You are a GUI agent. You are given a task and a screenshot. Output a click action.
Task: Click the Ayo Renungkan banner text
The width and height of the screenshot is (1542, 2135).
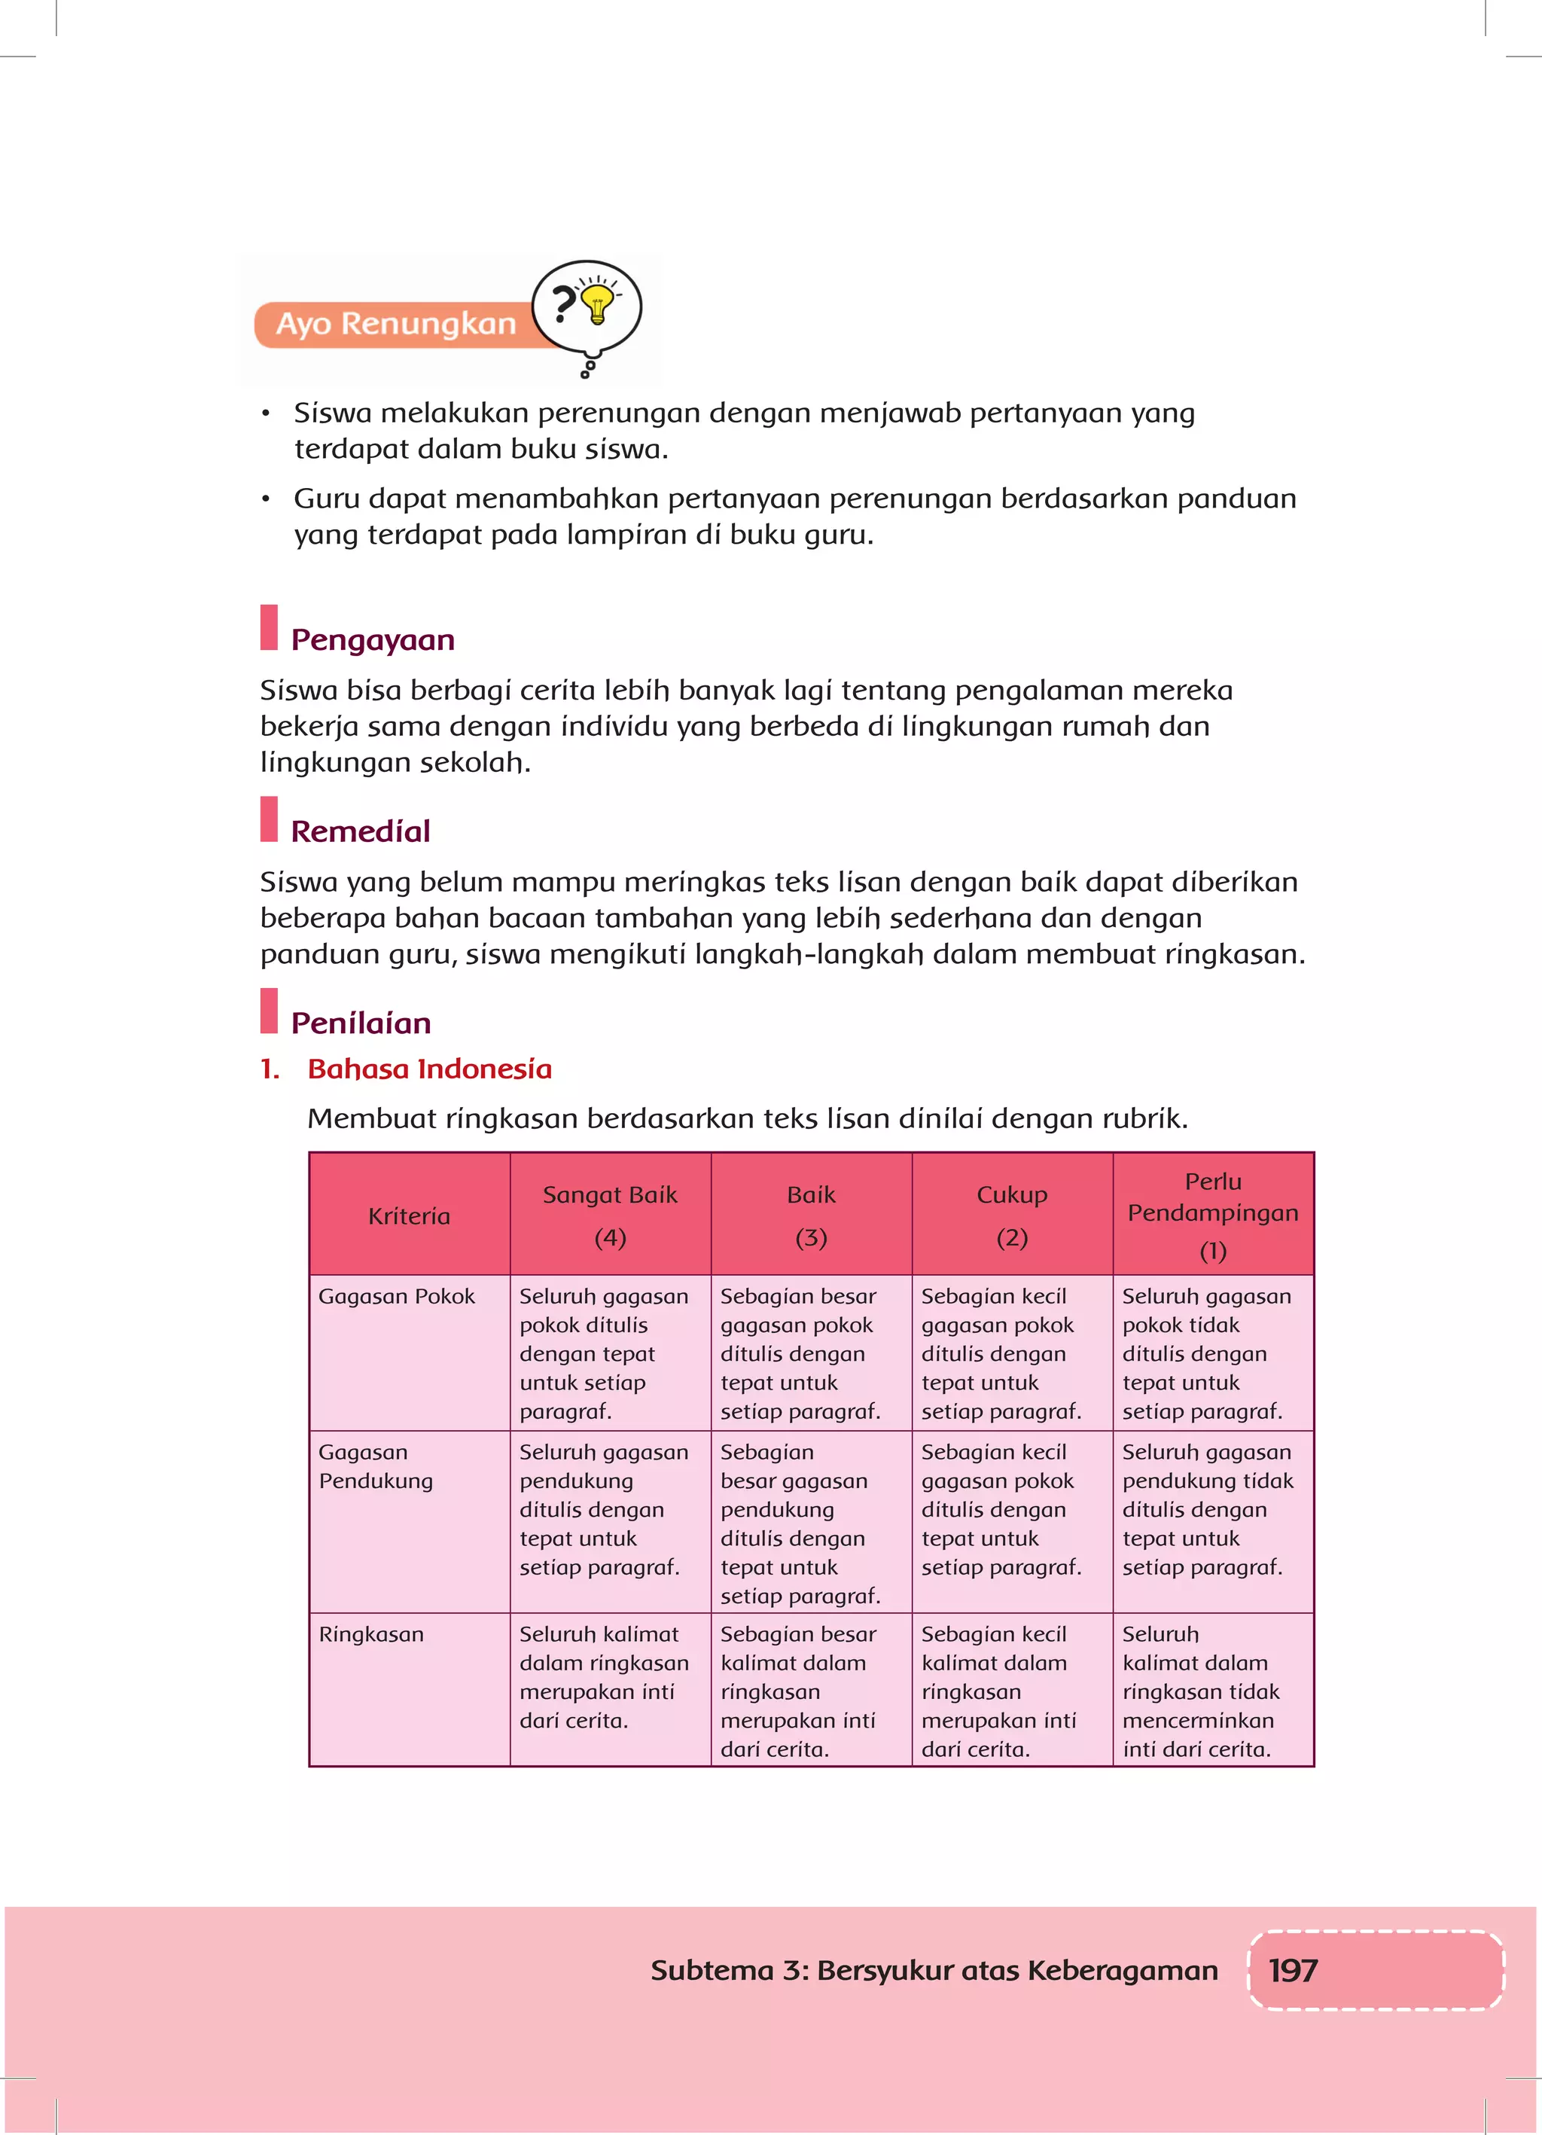396,324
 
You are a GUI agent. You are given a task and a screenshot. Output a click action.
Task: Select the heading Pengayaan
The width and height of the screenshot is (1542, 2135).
373,640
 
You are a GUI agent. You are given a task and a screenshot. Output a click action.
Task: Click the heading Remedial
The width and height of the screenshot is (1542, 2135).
361,831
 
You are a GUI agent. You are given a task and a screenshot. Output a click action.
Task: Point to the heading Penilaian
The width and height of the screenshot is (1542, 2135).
361,1023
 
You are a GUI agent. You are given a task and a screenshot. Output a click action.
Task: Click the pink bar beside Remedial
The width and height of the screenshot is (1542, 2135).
270,820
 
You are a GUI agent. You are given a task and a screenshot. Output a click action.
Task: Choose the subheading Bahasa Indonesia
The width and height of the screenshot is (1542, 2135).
429,1069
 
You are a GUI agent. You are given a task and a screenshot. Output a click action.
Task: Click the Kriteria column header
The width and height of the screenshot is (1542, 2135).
410,1216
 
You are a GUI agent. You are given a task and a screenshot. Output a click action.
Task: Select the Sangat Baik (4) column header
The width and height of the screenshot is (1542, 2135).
610,1215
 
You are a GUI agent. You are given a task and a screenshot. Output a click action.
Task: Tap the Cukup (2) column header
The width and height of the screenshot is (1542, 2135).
1012,1215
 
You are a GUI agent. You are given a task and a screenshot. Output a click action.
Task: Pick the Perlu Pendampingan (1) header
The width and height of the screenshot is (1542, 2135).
1212,1215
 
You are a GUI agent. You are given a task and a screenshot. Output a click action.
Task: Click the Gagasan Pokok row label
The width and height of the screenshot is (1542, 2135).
396,1296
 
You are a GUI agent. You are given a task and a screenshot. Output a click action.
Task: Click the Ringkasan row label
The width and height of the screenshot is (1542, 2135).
371,1634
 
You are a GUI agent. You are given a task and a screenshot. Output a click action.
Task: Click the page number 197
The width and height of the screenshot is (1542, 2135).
1293,1970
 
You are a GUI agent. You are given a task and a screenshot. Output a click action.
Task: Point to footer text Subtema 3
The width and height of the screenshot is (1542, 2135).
933,1970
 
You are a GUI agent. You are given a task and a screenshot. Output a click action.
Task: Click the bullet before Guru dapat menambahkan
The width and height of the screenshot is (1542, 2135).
267,499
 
